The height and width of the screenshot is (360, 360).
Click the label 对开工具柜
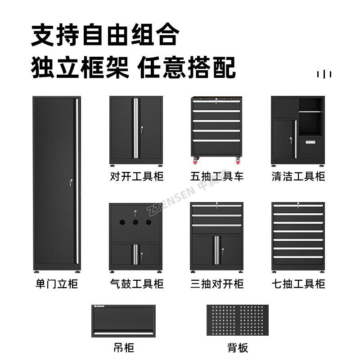pyautogui.click(x=136, y=176)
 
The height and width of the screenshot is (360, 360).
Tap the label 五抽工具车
pyautogui.click(x=217, y=176)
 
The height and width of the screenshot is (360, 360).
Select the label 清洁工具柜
pyautogui.click(x=298, y=176)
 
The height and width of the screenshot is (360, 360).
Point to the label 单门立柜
pyautogui.click(x=56, y=284)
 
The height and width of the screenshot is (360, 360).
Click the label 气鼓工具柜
pyautogui.click(x=136, y=284)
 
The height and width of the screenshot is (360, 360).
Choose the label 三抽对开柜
pyautogui.click(x=217, y=284)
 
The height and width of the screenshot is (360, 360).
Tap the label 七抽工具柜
pyautogui.click(x=298, y=284)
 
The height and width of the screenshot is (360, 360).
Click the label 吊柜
pyautogui.click(x=123, y=347)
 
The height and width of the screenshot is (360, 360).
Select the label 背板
pyautogui.click(x=238, y=347)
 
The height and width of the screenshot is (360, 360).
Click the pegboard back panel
pyautogui.click(x=238, y=320)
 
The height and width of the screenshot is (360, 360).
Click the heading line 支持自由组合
pyautogui.click(x=105, y=35)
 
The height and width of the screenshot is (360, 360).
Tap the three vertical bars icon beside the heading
pyautogui.click(x=324, y=74)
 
